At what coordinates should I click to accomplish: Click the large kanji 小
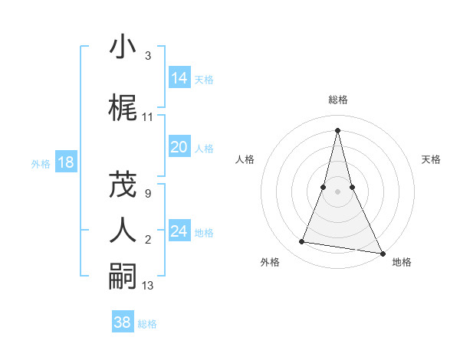(123, 47)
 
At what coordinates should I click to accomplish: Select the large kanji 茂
(123, 184)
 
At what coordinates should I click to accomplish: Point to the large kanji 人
(123, 230)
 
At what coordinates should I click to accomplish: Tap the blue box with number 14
(179, 78)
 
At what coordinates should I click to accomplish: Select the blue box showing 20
(179, 147)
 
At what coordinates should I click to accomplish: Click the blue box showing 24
(179, 231)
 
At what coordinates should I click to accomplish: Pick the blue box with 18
(65, 162)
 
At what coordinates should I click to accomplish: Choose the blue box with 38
(123, 322)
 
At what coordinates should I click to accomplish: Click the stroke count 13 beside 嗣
(148, 286)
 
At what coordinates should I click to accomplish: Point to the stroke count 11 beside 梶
(148, 117)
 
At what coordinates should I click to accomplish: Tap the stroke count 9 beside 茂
(147, 194)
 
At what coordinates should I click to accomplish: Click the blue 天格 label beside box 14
(204, 80)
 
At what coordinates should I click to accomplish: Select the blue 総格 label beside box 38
(147, 324)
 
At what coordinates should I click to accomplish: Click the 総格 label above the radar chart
(338, 100)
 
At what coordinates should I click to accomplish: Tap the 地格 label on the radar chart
(402, 262)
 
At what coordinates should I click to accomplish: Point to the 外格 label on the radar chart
(270, 262)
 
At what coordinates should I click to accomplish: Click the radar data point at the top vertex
(337, 129)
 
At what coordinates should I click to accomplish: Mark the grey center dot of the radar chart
(337, 191)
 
